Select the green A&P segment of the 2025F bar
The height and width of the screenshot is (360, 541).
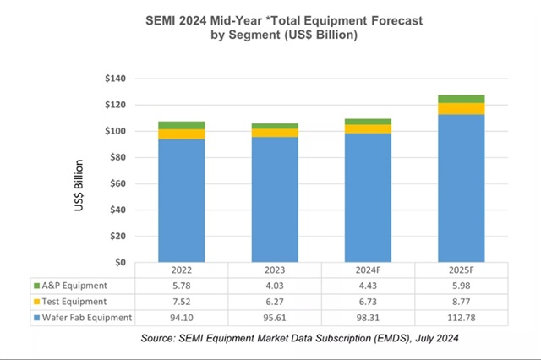[x=461, y=99]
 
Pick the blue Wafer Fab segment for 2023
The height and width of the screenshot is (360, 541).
[x=275, y=199]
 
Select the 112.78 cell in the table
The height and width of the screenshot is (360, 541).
[x=461, y=317]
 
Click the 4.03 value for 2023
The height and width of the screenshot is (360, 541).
[x=275, y=286]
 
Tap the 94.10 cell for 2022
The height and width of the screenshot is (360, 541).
[x=181, y=317]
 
